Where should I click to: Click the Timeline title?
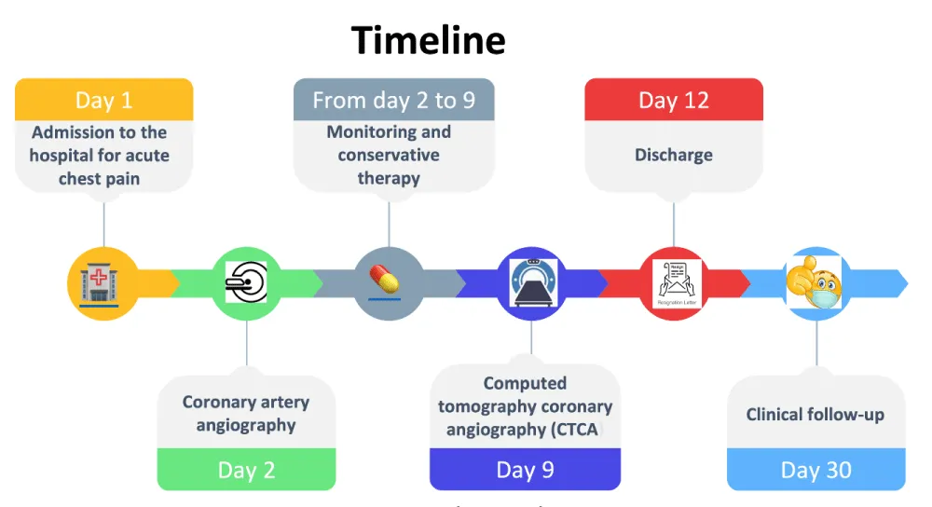(429, 41)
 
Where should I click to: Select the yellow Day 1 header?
(103, 100)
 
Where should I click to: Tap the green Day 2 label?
(246, 470)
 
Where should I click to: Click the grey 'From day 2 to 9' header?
(393, 100)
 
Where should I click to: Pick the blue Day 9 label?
(525, 470)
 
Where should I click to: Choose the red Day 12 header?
(673, 100)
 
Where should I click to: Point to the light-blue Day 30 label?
(815, 470)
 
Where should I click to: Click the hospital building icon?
(103, 282)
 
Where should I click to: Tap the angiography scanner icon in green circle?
(247, 282)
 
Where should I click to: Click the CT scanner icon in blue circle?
(531, 282)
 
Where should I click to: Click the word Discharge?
(673, 155)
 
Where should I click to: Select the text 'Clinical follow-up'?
(815, 415)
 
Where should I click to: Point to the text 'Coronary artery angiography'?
(246, 414)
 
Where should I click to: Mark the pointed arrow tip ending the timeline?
(901, 282)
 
